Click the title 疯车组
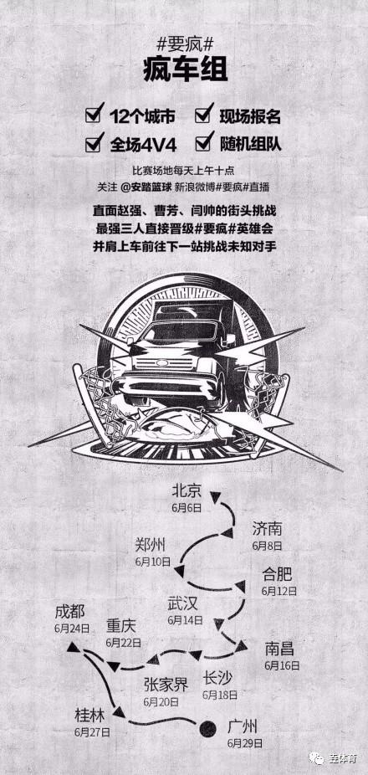184,70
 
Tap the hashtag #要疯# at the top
184,45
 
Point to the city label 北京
187,490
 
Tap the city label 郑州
150,545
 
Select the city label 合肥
277,574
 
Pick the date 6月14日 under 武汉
185,620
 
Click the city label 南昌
279,649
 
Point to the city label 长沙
217,678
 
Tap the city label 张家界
166,685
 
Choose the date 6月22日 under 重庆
124,643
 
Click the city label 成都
70,612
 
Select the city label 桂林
89,715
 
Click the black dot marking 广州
207,728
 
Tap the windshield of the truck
181,330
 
